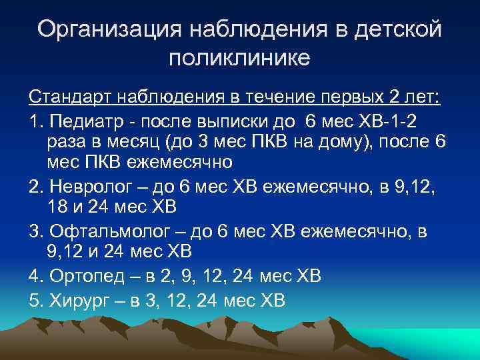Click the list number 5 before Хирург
click(35, 301)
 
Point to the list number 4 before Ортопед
click(35, 275)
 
